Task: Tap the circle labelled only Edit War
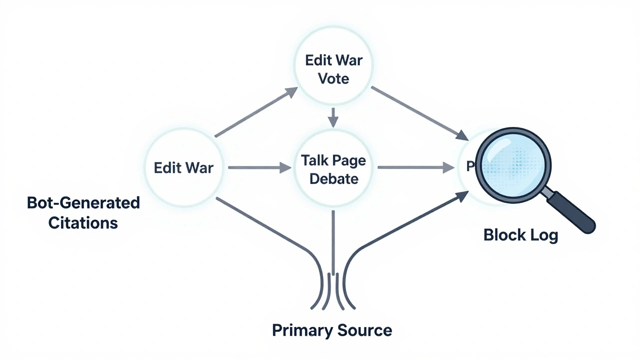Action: click(183, 167)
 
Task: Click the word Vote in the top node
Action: click(333, 79)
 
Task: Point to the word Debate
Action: click(333, 178)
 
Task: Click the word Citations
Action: click(83, 222)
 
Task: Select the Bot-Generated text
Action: click(83, 203)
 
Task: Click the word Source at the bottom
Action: click(363, 330)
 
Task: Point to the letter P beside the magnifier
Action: click(469, 166)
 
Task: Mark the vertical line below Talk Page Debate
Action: click(332, 240)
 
